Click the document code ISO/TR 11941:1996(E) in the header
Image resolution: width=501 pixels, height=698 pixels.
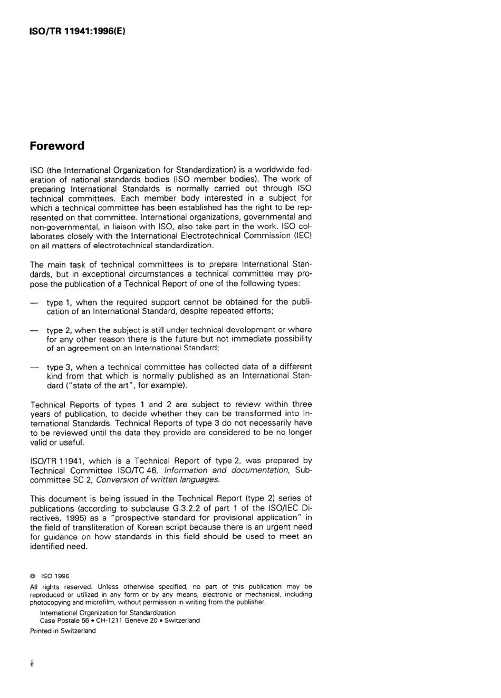(77, 31)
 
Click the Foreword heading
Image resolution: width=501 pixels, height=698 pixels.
(57, 146)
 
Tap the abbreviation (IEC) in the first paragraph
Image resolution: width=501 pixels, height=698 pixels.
(303, 236)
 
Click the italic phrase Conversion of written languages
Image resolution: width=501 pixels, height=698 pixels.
(158, 480)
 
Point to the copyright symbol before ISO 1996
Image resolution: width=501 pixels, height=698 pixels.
(33, 576)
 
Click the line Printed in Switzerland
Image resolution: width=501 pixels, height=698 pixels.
(63, 631)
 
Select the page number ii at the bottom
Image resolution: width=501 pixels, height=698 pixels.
(32, 664)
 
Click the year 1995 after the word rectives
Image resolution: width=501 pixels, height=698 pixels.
(66, 518)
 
